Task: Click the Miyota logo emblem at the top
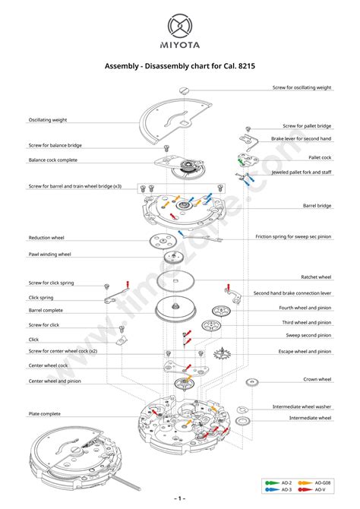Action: pyautogui.click(x=180, y=26)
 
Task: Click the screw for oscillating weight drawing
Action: pyautogui.click(x=184, y=90)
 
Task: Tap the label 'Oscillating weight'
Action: pyautogui.click(x=48, y=120)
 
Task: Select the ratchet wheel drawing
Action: pyautogui.click(x=175, y=281)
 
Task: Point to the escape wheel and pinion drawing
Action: pyautogui.click(x=222, y=353)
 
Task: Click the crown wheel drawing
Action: pyautogui.click(x=252, y=382)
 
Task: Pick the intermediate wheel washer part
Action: pyautogui.click(x=242, y=409)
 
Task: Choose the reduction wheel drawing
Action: pyautogui.click(x=163, y=241)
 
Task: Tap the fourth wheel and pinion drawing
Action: pyautogui.click(x=221, y=311)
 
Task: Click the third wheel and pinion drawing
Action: pyautogui.click(x=211, y=325)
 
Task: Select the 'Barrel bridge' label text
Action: pyautogui.click(x=317, y=205)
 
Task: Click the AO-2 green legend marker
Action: pyautogui.click(x=272, y=482)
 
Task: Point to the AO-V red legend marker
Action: pyautogui.click(x=305, y=489)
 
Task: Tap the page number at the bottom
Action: pyautogui.click(x=180, y=498)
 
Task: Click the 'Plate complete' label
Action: pyautogui.click(x=45, y=414)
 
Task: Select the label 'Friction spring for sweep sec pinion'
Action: pyautogui.click(x=293, y=236)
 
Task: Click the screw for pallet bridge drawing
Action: pyautogui.click(x=248, y=129)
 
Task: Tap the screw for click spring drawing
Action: pyautogui.click(x=106, y=286)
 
